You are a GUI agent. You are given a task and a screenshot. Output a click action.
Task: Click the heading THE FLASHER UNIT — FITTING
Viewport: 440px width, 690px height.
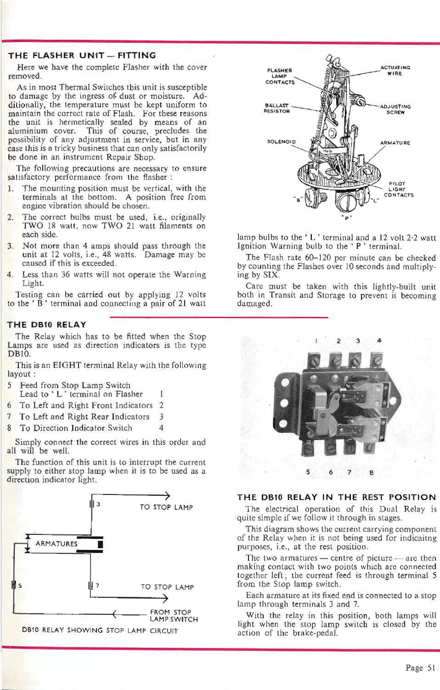pyautogui.click(x=82, y=56)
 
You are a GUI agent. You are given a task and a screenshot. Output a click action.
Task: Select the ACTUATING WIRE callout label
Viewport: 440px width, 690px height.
pyautogui.click(x=395, y=70)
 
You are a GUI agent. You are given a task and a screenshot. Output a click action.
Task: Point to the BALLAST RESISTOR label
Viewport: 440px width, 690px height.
pyautogui.click(x=276, y=108)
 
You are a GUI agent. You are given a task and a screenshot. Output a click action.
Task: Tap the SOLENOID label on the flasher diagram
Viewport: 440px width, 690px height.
pyautogui.click(x=281, y=141)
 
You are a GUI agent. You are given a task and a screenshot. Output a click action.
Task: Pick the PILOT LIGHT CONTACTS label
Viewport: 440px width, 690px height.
pyautogui.click(x=398, y=189)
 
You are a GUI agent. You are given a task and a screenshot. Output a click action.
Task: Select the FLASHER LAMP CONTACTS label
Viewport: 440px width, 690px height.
pyautogui.click(x=280, y=76)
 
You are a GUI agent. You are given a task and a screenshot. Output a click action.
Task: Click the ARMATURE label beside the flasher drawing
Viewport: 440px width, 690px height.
pyautogui.click(x=395, y=143)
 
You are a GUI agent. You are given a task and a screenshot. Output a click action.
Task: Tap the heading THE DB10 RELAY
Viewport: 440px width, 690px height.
pyautogui.click(x=46, y=325)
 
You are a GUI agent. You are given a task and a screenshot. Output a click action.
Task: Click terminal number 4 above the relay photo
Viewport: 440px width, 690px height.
pyautogui.click(x=379, y=341)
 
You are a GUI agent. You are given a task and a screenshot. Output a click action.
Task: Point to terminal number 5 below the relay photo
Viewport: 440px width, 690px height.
pyautogui.click(x=308, y=472)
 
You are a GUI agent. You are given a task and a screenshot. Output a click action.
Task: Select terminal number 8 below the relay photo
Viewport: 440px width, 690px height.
pyautogui.click(x=371, y=472)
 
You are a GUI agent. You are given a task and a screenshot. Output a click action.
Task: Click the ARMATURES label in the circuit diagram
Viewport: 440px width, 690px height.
pyautogui.click(x=56, y=544)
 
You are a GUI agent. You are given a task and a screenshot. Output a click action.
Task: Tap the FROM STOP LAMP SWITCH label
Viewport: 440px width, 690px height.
pyautogui.click(x=174, y=616)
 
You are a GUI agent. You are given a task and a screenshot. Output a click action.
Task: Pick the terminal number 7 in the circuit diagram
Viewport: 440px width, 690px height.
pyautogui.click(x=97, y=585)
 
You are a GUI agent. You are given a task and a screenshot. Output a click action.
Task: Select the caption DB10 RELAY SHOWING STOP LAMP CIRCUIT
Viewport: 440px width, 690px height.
pyautogui.click(x=100, y=630)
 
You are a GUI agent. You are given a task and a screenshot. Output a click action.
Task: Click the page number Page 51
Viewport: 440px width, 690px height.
pyautogui.click(x=420, y=668)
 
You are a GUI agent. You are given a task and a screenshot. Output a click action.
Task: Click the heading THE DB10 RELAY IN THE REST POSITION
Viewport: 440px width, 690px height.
pyautogui.click(x=336, y=497)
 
